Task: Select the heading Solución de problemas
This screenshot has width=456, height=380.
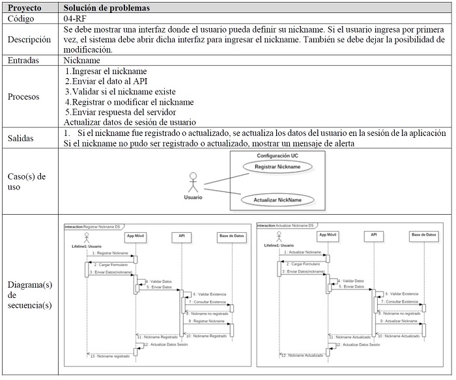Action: [x=107, y=8]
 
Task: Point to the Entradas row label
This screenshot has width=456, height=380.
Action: [x=26, y=60]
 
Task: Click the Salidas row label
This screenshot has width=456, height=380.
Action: [x=22, y=138]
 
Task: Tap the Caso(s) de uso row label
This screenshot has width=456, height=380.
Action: [x=25, y=182]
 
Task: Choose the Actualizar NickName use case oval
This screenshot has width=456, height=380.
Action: [x=278, y=200]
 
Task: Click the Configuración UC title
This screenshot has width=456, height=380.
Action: [x=278, y=156]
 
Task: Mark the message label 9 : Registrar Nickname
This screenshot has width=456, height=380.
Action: [x=207, y=321]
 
